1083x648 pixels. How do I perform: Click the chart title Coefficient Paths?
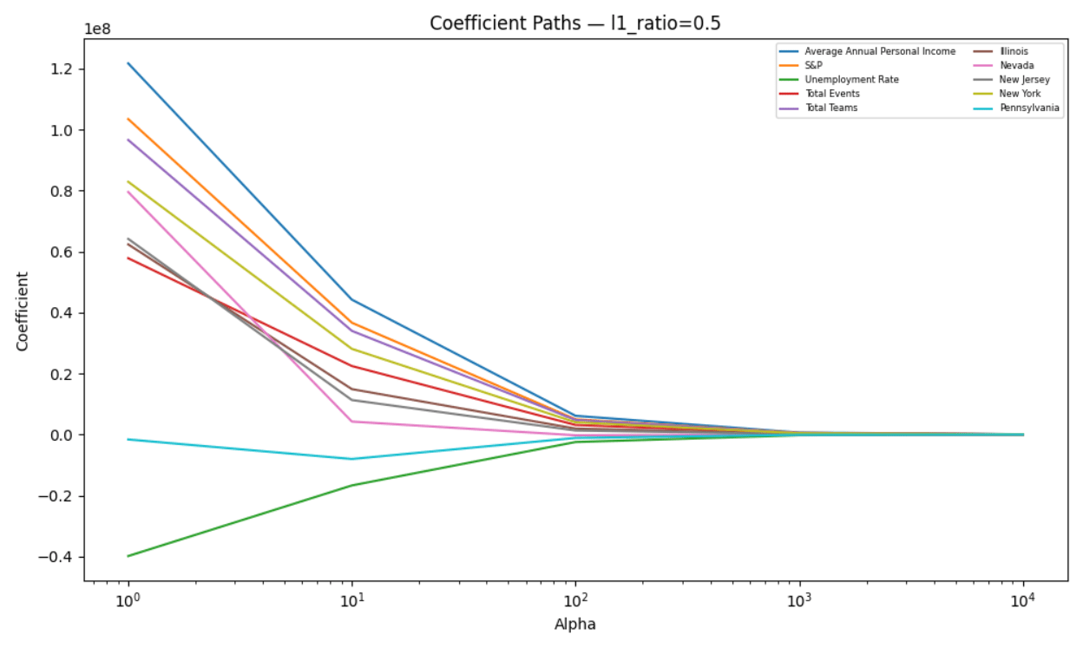click(x=574, y=23)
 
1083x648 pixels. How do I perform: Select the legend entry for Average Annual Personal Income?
click(x=879, y=51)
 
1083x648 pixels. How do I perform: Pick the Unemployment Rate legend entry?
click(x=851, y=79)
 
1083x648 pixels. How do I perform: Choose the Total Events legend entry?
click(x=832, y=93)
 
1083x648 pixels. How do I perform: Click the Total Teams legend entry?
click(x=830, y=107)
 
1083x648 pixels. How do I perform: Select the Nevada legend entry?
click(x=1015, y=65)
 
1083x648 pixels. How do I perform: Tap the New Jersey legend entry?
click(x=1023, y=79)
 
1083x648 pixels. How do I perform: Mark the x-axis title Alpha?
click(x=574, y=624)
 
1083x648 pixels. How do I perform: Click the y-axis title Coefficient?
click(x=23, y=311)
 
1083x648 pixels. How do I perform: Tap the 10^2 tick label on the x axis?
click(x=575, y=600)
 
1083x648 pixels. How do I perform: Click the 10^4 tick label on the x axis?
click(x=1024, y=600)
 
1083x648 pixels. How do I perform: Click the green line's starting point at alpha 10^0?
click(x=128, y=556)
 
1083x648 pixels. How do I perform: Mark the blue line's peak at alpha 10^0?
click(x=128, y=62)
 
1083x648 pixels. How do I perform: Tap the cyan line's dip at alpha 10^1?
click(x=351, y=459)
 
